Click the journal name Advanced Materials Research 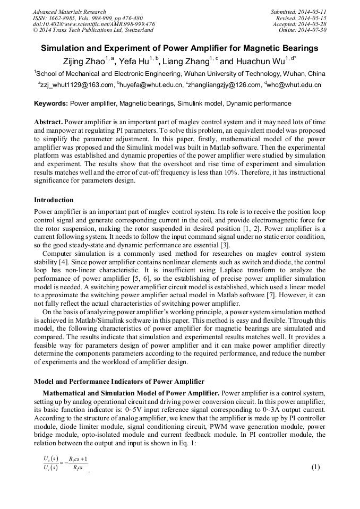69,12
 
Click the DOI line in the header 93,24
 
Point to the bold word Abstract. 49,122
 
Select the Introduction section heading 54,200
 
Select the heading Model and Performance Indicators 119,381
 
